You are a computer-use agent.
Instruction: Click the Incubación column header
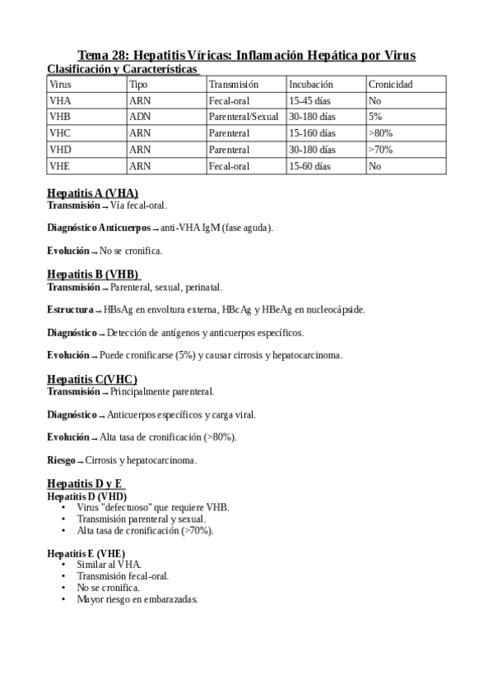(x=310, y=84)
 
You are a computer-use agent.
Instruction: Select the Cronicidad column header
(x=390, y=84)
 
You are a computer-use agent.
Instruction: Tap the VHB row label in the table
(x=60, y=117)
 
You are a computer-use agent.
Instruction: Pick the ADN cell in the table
(x=139, y=117)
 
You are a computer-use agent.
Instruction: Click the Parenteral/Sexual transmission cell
(x=244, y=117)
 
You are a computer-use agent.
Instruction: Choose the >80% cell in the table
(x=380, y=133)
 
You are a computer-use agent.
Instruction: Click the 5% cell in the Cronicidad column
(x=375, y=117)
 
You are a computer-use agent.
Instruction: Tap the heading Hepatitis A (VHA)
(x=92, y=193)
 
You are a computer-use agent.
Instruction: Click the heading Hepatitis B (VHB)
(x=93, y=275)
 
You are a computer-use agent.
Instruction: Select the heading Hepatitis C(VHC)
(x=91, y=379)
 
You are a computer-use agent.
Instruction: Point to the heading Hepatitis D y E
(x=86, y=483)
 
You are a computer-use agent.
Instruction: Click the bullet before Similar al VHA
(x=64, y=565)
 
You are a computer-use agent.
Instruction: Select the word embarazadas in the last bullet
(x=170, y=599)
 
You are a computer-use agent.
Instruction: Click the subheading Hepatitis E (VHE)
(x=86, y=554)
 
